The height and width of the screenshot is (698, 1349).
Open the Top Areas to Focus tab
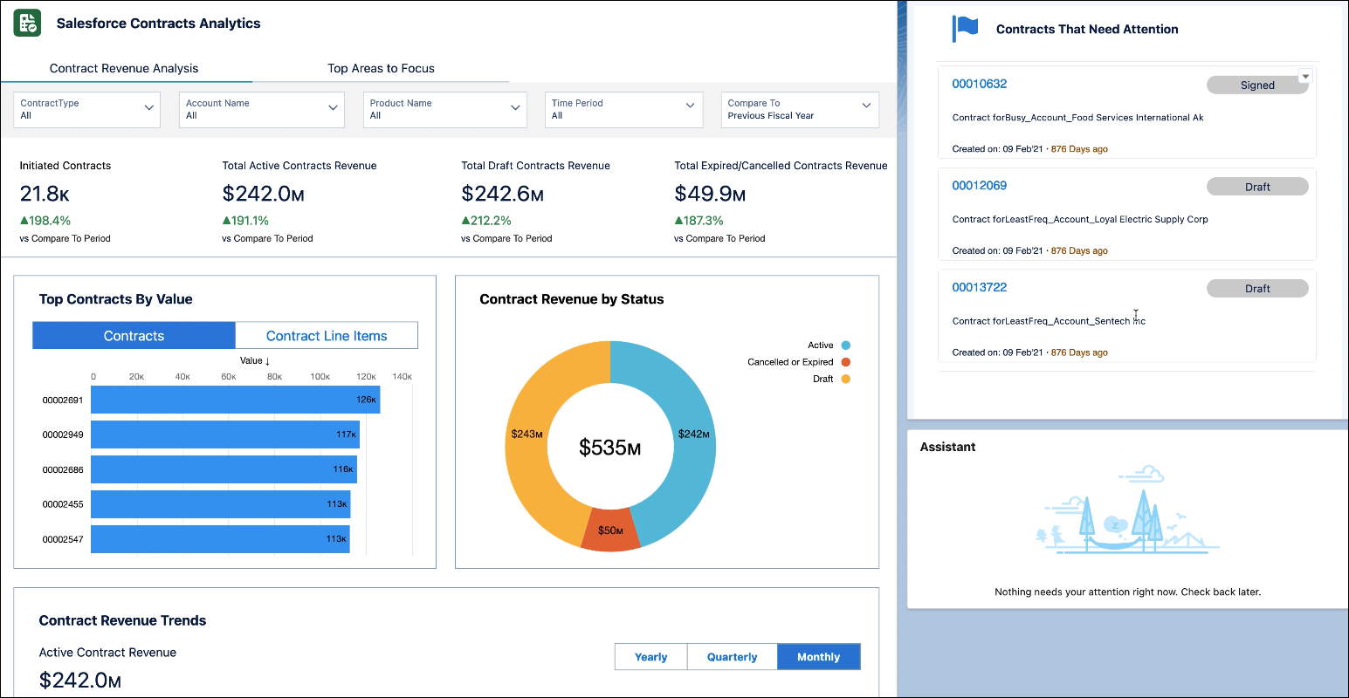(381, 68)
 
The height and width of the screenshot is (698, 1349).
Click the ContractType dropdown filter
(86, 109)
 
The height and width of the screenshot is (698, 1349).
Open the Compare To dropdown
(799, 109)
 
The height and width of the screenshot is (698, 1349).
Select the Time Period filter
(623, 109)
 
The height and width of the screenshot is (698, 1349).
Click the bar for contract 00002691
(235, 400)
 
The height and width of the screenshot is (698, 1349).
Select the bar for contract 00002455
(220, 504)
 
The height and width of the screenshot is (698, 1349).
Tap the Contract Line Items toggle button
(327, 336)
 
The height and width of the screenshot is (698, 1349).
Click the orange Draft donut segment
(527, 434)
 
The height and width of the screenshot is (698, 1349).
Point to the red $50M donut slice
(610, 530)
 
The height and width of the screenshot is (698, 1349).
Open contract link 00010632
(979, 84)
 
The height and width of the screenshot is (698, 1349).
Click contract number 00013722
(979, 287)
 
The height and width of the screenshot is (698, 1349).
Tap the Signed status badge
(1256, 85)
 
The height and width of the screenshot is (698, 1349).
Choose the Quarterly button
(732, 657)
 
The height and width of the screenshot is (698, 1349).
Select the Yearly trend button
(650, 657)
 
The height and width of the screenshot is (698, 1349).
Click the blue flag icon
(966, 29)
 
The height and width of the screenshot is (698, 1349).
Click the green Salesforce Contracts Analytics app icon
(27, 24)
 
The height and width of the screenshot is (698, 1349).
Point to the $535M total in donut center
(609, 448)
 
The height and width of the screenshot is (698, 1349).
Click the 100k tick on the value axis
(320, 377)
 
